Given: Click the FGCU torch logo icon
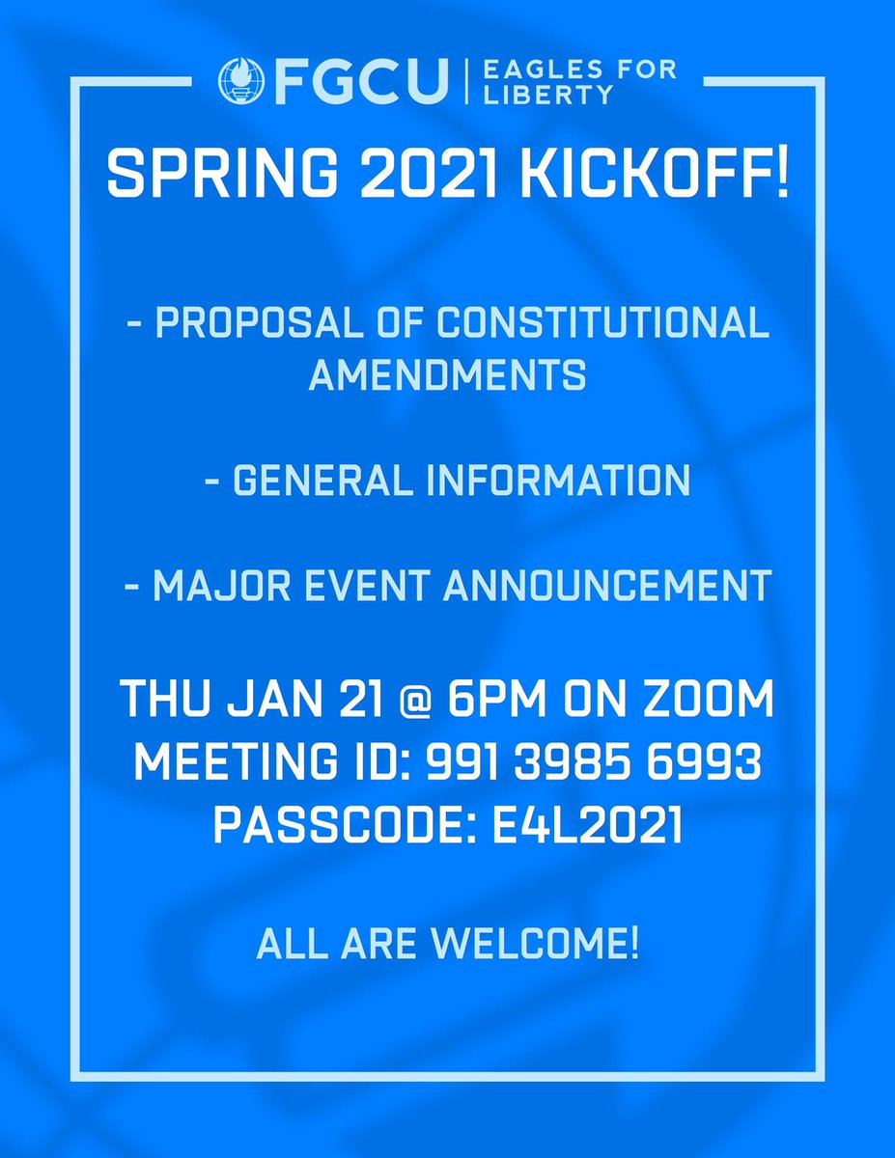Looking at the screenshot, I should [x=240, y=81].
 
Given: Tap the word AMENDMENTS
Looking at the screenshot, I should [x=447, y=375].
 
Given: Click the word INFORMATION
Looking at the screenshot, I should [x=560, y=480].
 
